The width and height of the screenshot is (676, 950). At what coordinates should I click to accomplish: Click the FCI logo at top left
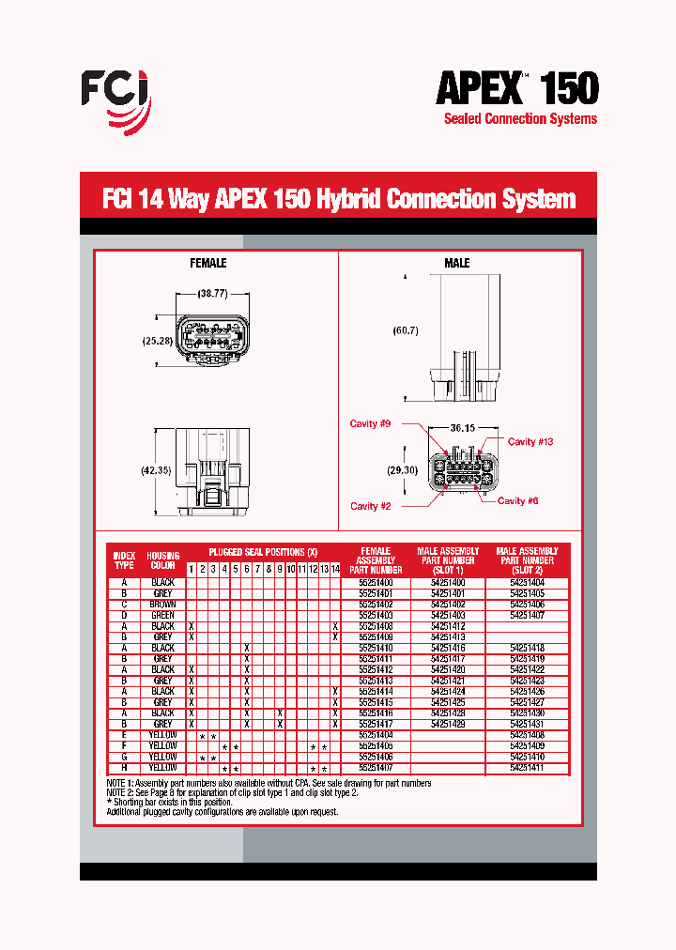click(115, 100)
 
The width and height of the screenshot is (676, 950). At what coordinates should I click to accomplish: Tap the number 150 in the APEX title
click(563, 89)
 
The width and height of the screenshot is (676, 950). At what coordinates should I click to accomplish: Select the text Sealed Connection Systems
click(519, 119)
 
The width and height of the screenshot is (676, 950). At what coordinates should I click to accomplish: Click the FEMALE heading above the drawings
click(208, 263)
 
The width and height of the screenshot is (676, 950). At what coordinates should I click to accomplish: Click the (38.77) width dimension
click(213, 294)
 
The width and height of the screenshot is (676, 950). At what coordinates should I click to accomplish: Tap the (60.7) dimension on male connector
click(405, 330)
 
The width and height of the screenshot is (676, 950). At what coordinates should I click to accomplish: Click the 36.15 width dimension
click(463, 427)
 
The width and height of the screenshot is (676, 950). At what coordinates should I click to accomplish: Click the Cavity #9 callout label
click(370, 424)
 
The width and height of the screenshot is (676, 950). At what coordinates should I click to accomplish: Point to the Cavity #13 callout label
click(530, 441)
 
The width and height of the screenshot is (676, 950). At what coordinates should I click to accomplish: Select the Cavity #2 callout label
click(370, 506)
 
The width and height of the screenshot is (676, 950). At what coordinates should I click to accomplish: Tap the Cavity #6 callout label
click(517, 500)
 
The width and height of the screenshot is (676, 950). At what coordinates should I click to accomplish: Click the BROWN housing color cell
click(162, 605)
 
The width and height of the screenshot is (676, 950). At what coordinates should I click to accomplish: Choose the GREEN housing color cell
click(162, 615)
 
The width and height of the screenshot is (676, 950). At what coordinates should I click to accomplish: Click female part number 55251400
click(376, 583)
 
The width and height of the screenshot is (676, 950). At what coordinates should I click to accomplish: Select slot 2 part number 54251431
click(527, 724)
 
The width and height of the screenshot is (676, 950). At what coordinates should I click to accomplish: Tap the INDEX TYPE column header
click(124, 559)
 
